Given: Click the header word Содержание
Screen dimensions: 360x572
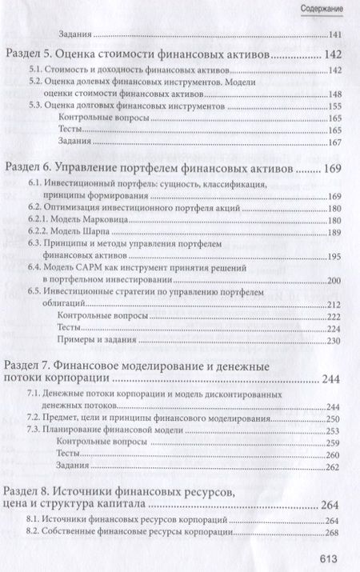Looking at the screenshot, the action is click(322, 9).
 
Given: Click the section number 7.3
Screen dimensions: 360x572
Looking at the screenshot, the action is click(35, 430).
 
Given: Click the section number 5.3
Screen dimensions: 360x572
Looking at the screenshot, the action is click(35, 106).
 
